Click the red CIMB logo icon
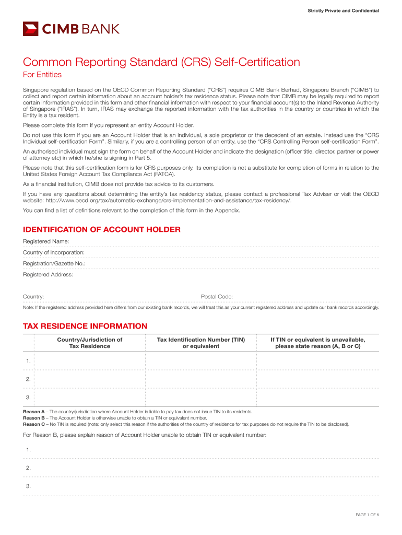(x=30, y=29)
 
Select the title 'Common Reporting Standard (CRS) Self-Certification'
(x=161, y=63)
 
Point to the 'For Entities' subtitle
(x=42, y=75)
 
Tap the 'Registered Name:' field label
(x=46, y=241)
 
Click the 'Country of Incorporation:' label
(x=54, y=252)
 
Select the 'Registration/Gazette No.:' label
(x=54, y=263)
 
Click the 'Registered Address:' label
(x=48, y=274)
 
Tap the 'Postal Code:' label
(x=217, y=297)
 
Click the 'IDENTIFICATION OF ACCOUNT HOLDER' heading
(x=102, y=229)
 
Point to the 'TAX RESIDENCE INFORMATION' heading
(x=85, y=326)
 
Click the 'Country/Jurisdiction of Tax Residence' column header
(x=90, y=343)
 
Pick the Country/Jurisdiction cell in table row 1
(x=90, y=361)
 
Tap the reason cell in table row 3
(x=317, y=397)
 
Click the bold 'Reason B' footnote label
(x=34, y=418)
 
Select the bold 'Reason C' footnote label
(x=34, y=424)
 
